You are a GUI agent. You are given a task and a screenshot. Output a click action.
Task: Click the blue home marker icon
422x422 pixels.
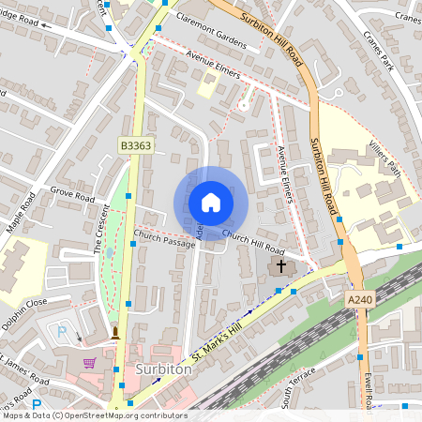(211, 203)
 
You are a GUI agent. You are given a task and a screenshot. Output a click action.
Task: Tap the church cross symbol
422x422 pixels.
(279, 267)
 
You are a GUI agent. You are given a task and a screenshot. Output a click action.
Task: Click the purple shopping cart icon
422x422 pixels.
(89, 363)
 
